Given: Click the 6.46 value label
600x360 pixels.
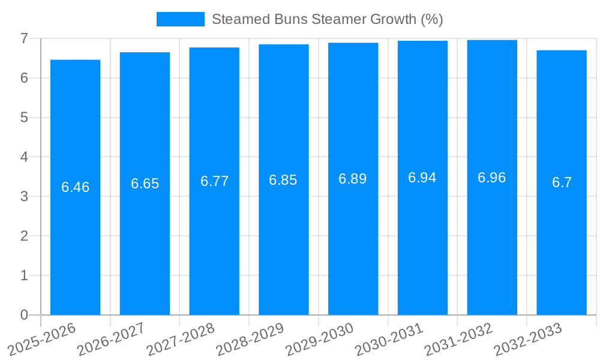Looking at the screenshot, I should click(x=75, y=187).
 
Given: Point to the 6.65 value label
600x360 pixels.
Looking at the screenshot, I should click(x=145, y=184).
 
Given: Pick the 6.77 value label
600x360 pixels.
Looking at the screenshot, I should click(x=214, y=181).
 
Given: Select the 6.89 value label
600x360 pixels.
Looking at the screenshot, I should click(x=353, y=179).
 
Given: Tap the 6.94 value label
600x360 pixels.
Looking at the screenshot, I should click(x=422, y=178).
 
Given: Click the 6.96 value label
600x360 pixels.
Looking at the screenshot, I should click(x=492, y=178).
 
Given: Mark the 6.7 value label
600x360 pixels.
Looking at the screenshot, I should click(x=562, y=182).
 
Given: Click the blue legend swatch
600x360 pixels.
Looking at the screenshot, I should click(x=180, y=19).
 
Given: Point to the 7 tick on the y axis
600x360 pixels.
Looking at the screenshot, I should click(x=24, y=39).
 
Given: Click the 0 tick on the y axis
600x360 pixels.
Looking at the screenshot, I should click(x=24, y=315).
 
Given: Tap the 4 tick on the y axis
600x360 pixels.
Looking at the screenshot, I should click(x=24, y=157).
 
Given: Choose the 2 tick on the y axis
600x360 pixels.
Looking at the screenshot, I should click(x=24, y=236).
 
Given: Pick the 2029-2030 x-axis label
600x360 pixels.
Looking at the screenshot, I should click(x=320, y=339).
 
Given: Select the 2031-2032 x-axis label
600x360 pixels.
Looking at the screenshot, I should click(x=458, y=339).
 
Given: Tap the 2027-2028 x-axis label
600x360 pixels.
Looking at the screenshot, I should click(x=181, y=339).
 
